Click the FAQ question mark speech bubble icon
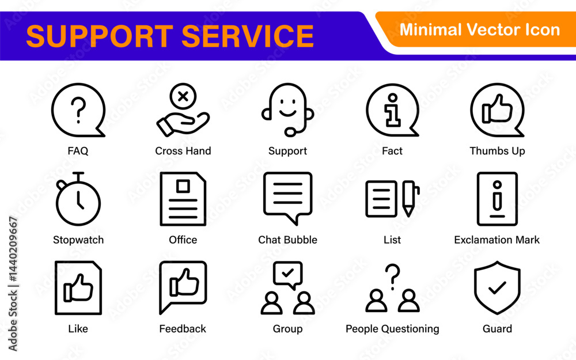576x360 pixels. coord(78,110)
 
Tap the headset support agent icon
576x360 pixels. coord(288,109)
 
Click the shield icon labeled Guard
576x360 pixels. coord(497,287)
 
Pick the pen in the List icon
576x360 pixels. coord(410,199)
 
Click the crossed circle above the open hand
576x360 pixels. coord(183,96)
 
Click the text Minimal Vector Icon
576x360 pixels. coord(479,29)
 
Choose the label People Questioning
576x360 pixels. coord(392,329)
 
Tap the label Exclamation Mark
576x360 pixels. coord(497,240)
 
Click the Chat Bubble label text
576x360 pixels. coord(287,240)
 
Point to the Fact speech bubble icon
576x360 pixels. coord(392,110)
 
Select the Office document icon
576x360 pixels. coord(183,199)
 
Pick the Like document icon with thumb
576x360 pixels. coord(78,287)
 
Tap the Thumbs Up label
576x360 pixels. coord(497,151)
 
